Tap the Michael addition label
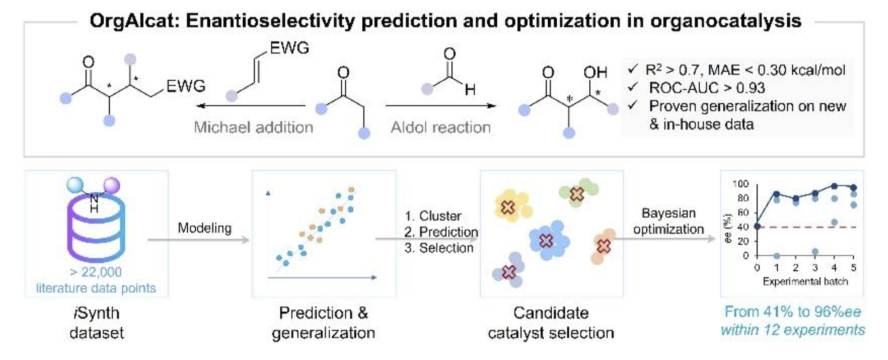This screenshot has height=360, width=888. [253, 127]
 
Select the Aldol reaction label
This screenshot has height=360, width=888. [440, 127]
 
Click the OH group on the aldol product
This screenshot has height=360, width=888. [595, 72]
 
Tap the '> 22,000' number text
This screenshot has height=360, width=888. [96, 272]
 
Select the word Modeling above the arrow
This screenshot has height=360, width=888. [204, 228]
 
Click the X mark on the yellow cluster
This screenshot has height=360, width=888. [508, 208]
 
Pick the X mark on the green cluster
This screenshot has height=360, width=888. [577, 194]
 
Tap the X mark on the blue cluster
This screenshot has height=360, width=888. [546, 240]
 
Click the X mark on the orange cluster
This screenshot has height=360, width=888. [604, 246]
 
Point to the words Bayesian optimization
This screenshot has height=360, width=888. [668, 221]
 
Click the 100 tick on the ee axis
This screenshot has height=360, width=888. [740, 184]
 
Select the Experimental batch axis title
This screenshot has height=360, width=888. [805, 282]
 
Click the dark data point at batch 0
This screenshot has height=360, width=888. [757, 226]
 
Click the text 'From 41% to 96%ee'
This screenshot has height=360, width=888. [792, 312]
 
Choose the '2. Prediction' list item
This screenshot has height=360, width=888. [441, 232]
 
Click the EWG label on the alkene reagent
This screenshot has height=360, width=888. [289, 48]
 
